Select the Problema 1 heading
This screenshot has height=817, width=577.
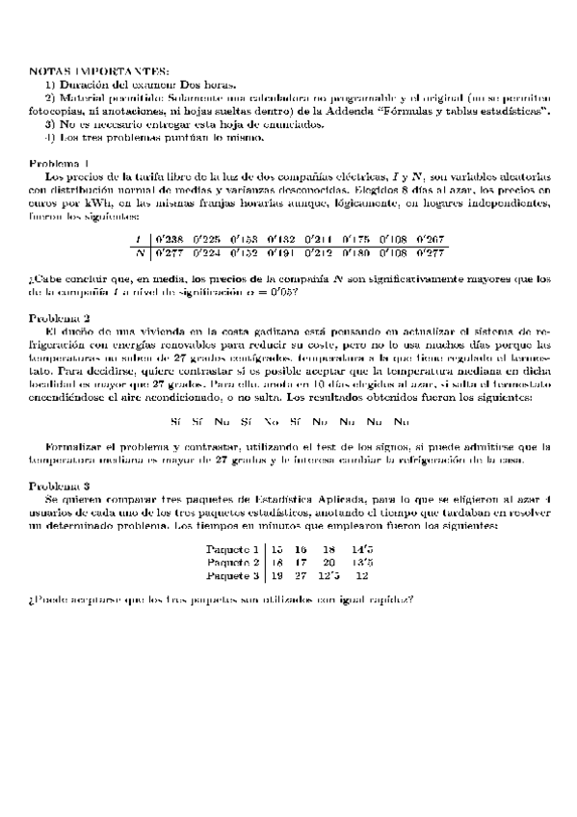[x=61, y=162]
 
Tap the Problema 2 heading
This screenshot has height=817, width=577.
[x=61, y=318]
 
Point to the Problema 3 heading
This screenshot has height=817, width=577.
[x=61, y=487]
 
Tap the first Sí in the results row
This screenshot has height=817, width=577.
[x=175, y=421]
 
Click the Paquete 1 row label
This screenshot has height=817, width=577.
[x=234, y=548]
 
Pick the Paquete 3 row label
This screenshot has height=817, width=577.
[x=234, y=575]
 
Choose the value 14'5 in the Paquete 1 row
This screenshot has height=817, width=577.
[x=361, y=548]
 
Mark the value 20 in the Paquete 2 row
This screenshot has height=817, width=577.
[x=329, y=562]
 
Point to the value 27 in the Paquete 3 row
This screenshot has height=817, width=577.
[x=301, y=575]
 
